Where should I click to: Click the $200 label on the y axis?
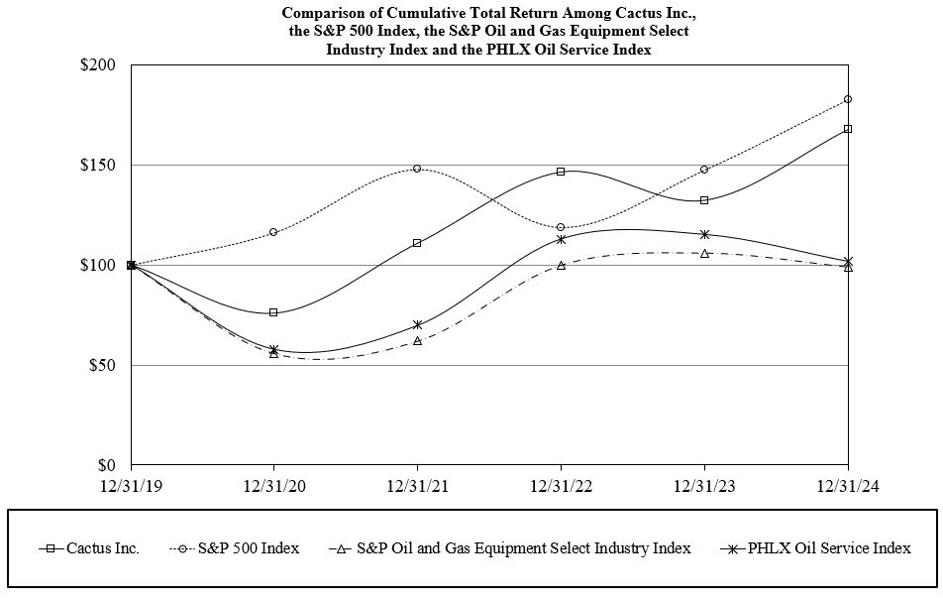(x=98, y=65)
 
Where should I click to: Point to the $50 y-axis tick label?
(x=102, y=365)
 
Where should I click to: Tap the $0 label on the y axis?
(x=106, y=465)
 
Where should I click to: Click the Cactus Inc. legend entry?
(x=102, y=548)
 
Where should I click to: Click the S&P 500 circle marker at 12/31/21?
(x=417, y=169)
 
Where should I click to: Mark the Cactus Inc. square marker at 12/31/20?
(x=273, y=312)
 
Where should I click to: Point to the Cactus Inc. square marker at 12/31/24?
(x=848, y=129)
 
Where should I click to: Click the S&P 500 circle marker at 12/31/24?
(x=848, y=99)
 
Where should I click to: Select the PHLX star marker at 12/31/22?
(x=561, y=239)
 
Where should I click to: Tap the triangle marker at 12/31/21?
(x=417, y=340)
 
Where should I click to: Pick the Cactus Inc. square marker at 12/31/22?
(x=561, y=172)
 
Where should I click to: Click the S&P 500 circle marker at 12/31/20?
(x=273, y=232)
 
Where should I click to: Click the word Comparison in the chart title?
(x=322, y=13)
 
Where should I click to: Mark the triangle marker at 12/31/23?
(x=704, y=254)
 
